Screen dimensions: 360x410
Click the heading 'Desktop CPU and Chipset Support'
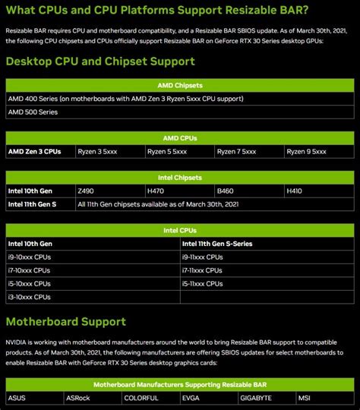pos(100,61)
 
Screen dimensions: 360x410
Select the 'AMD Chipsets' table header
pos(179,85)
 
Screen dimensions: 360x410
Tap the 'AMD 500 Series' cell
pos(33,112)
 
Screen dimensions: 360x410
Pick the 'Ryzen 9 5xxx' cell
pos(307,152)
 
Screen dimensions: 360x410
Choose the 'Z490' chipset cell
pos(85,191)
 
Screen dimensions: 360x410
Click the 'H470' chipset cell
pos(156,191)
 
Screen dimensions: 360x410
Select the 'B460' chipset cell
pos(226,191)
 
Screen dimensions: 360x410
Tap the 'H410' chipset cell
pos(295,191)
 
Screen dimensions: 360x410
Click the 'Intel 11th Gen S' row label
pos(35,204)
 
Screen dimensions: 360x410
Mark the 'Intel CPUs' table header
pos(179,230)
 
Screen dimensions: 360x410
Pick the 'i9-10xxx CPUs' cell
pos(30,257)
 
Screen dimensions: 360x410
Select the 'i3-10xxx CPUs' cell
pos(30,297)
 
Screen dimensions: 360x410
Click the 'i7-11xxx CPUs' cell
pos(203,270)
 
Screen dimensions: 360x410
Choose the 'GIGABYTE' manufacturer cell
pos(257,398)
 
